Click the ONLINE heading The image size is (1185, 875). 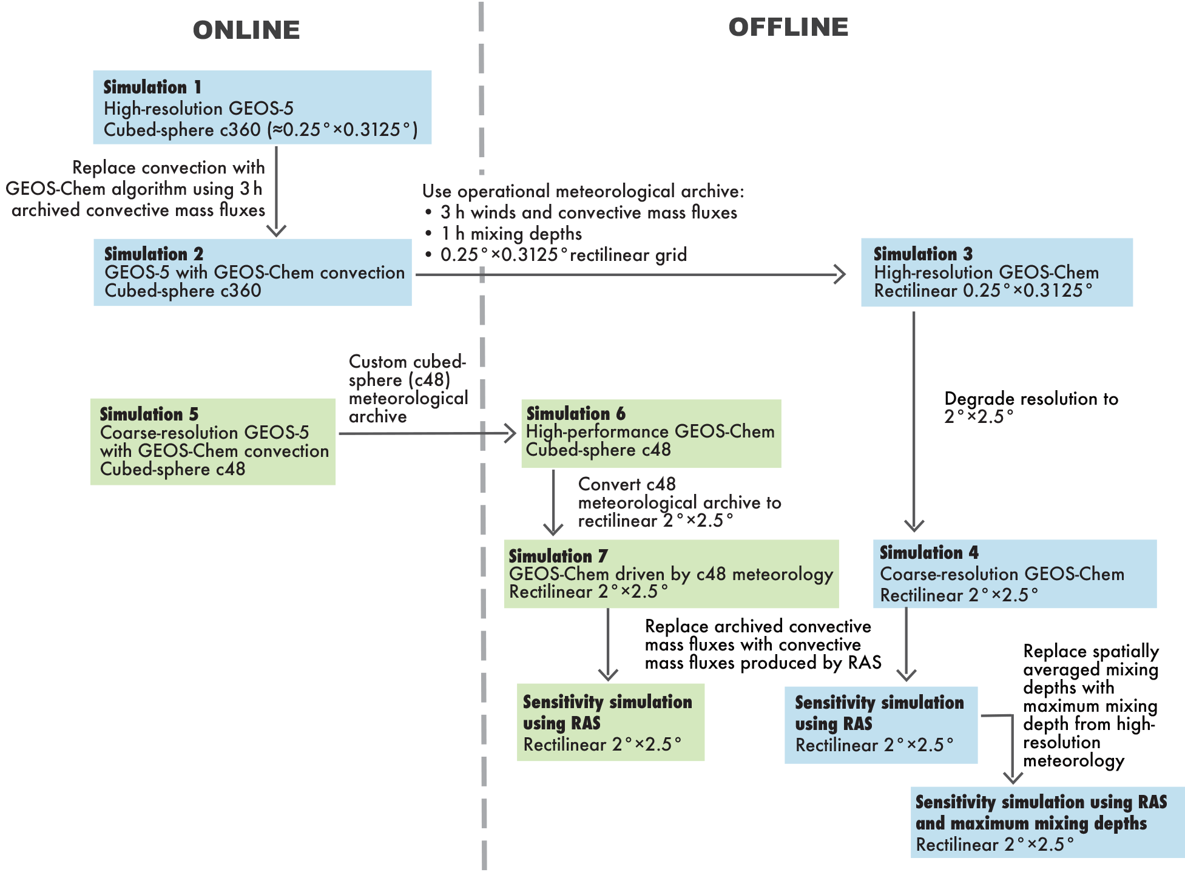click(x=246, y=30)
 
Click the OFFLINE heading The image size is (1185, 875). click(x=788, y=27)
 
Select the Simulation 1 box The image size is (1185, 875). click(x=262, y=107)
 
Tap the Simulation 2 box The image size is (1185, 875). click(x=252, y=272)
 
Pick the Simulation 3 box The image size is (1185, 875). click(x=996, y=272)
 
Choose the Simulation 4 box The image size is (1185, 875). click(x=1015, y=574)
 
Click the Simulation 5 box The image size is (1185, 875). click(x=212, y=442)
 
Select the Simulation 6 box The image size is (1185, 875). click(x=651, y=433)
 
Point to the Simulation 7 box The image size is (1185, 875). click(x=671, y=574)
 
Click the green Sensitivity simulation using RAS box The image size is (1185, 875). click(x=610, y=723)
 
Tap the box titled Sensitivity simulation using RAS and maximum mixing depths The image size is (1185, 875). click(x=1047, y=822)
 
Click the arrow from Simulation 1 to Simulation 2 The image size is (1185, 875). click(x=277, y=191)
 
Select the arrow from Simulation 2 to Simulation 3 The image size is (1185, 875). click(x=631, y=274)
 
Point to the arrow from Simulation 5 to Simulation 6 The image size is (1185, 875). click(x=428, y=433)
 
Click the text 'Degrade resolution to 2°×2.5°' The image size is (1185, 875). click(x=1031, y=407)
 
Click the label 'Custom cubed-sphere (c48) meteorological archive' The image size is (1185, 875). click(x=408, y=388)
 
